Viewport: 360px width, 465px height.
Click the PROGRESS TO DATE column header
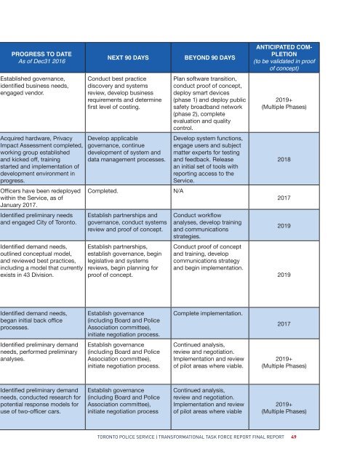click(41, 52)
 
